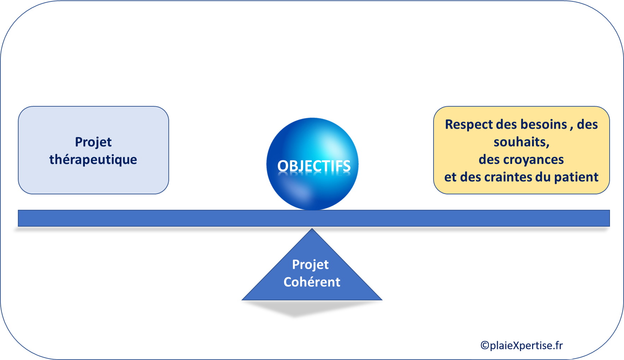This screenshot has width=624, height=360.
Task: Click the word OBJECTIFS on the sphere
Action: (314, 166)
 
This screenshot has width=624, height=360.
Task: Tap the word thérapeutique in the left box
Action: (93, 160)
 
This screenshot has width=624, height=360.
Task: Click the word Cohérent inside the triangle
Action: (312, 282)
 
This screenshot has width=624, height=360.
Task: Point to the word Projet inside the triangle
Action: (311, 265)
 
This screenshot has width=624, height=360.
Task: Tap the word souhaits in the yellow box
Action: (520, 142)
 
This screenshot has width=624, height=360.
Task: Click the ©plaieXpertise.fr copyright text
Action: (522, 345)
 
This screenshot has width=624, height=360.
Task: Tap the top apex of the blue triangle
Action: (312, 229)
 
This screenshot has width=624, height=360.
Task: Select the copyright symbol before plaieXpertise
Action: (485, 346)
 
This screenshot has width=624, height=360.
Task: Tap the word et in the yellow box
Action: (451, 177)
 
